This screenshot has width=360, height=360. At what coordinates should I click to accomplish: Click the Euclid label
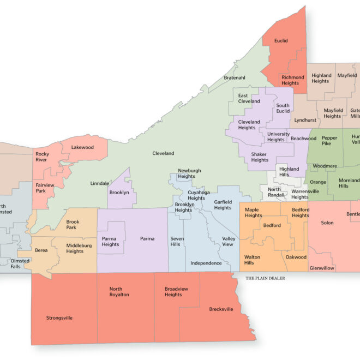(281, 40)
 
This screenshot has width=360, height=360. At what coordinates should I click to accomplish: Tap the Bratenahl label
(235, 77)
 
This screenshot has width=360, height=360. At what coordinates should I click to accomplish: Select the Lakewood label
(82, 147)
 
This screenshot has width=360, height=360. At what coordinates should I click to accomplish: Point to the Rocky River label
(42, 157)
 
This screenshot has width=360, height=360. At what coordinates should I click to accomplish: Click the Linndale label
(100, 183)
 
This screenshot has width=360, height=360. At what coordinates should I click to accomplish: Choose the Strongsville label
(60, 317)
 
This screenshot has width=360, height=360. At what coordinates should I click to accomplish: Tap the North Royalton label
(119, 292)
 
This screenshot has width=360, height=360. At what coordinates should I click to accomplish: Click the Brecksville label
(221, 309)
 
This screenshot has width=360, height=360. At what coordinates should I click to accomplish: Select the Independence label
(206, 263)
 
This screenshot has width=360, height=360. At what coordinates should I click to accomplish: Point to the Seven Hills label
(177, 241)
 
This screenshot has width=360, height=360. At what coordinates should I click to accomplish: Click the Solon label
(327, 223)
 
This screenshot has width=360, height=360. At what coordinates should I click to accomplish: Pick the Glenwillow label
(321, 268)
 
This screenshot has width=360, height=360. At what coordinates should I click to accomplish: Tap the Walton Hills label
(253, 260)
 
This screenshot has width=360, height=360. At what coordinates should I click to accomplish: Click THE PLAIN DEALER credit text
(265, 278)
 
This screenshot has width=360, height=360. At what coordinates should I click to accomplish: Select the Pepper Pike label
(329, 141)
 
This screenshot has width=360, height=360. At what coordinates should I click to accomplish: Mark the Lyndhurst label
(305, 119)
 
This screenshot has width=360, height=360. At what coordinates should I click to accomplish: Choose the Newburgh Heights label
(187, 173)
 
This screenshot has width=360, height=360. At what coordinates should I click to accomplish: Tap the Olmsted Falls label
(20, 264)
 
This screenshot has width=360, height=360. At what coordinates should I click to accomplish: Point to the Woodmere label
(325, 165)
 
